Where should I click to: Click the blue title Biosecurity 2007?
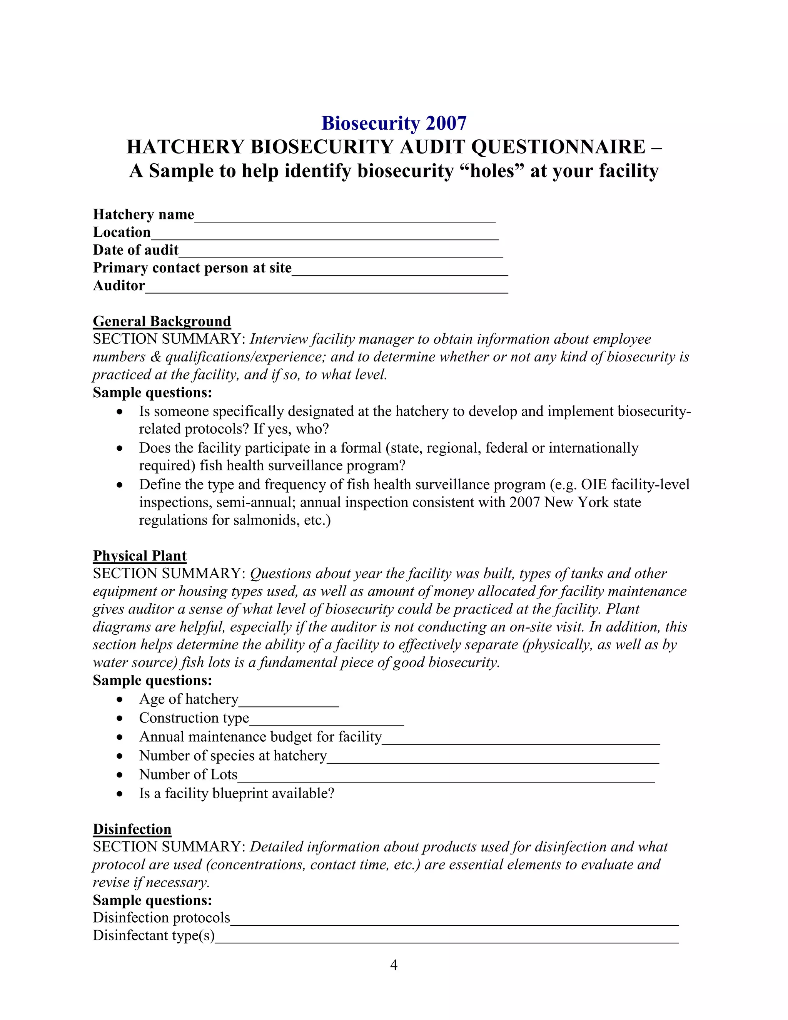(394, 123)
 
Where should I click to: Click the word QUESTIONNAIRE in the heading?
(558, 147)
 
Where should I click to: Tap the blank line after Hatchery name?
(344, 217)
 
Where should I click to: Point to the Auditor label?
(119, 285)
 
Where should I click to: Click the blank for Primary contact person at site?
(400, 271)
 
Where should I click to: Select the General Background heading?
(162, 321)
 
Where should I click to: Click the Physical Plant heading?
(139, 556)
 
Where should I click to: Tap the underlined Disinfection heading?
(132, 829)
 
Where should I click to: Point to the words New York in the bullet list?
(569, 503)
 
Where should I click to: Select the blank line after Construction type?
(326, 722)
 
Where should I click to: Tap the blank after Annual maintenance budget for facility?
(521, 740)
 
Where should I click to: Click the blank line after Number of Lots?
(446, 778)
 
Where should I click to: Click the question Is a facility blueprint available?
(237, 794)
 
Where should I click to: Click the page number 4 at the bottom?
(394, 965)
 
